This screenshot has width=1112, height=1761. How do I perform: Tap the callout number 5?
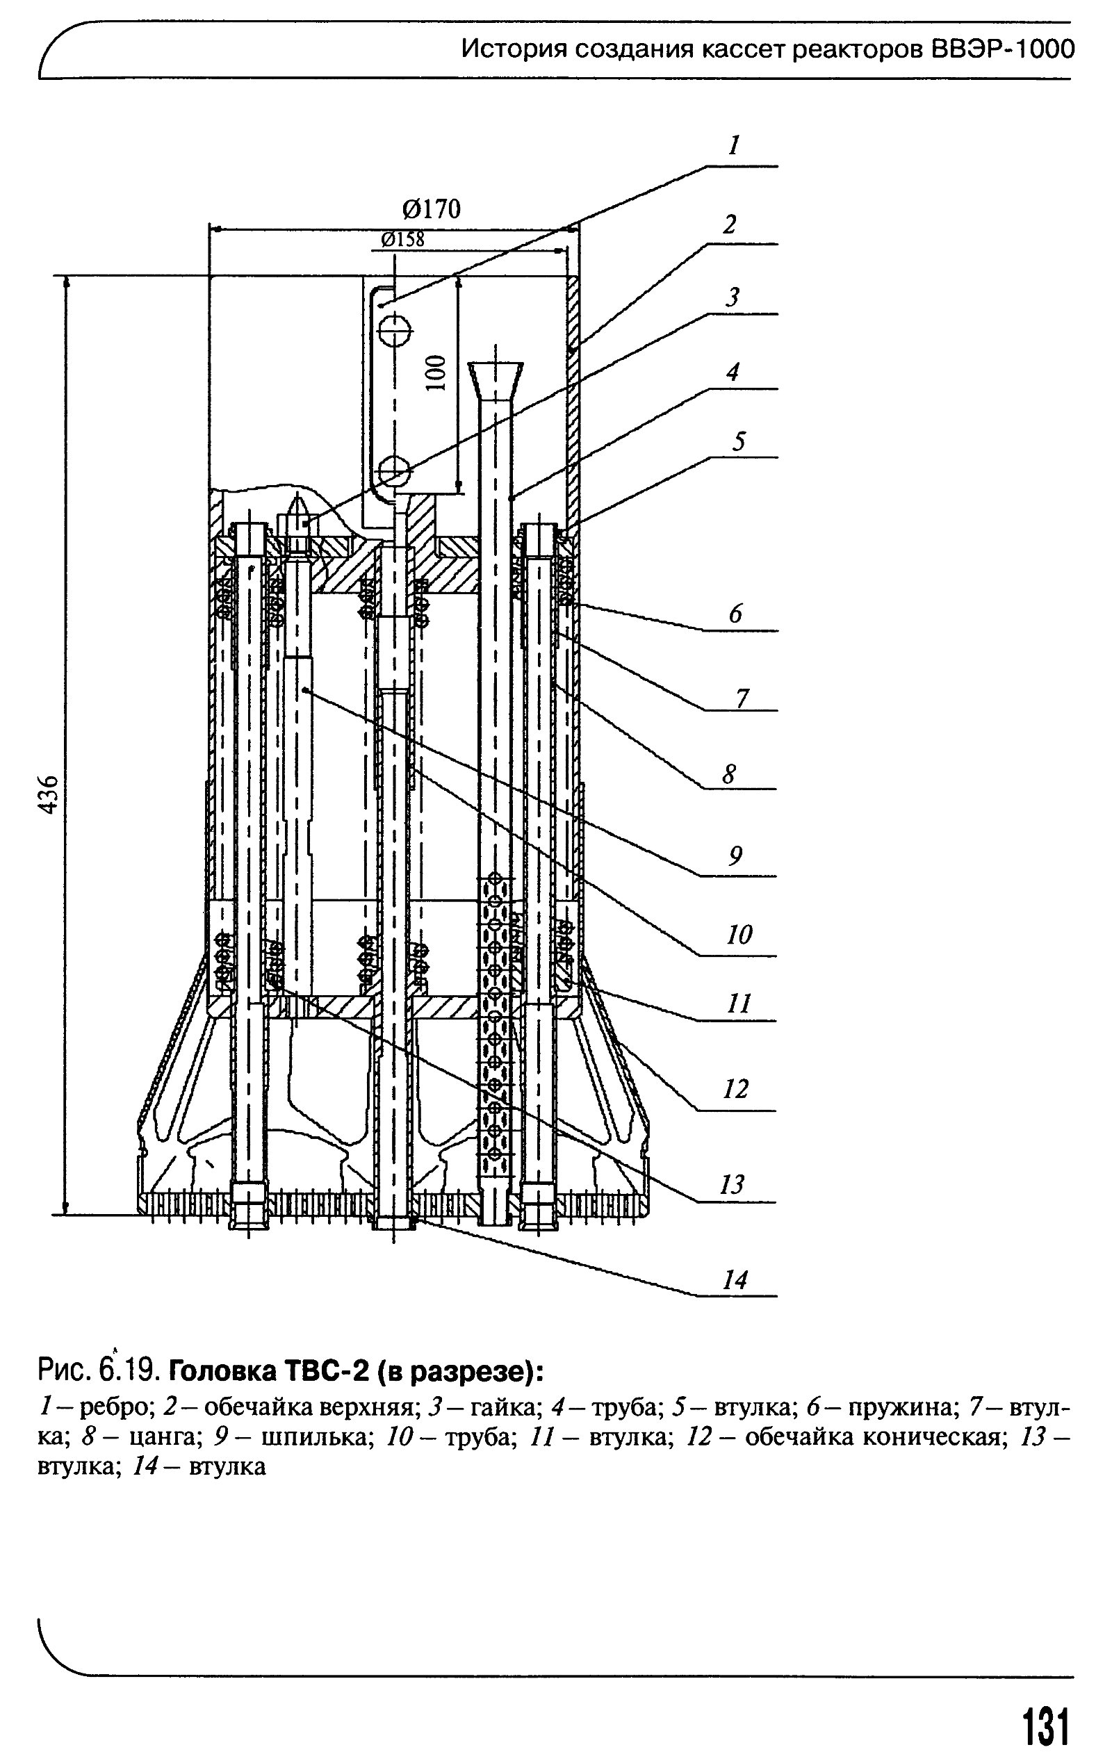pos(739,442)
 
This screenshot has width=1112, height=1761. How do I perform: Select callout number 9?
pos(735,855)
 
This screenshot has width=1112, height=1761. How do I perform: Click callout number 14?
pos(735,1280)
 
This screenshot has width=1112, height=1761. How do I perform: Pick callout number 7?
pos(742,698)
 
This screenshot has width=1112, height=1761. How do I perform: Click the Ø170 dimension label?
pos(432,210)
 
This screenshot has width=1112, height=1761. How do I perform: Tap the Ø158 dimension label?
pos(402,239)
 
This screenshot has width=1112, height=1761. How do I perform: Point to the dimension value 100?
pos(436,373)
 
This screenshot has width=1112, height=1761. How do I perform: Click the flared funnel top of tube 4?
pos(495,379)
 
